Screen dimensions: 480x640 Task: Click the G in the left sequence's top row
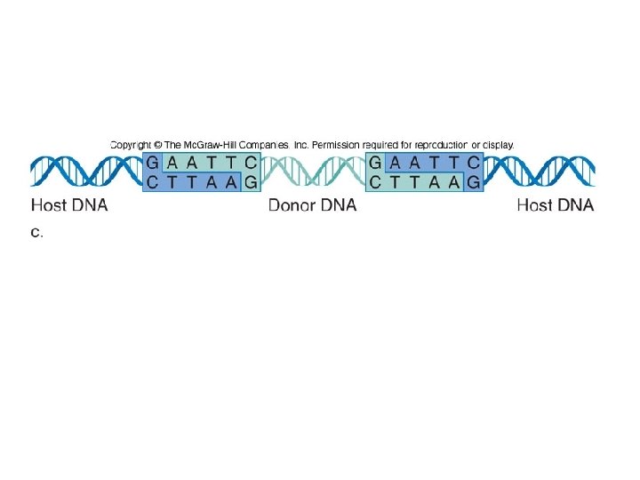pyautogui.click(x=153, y=163)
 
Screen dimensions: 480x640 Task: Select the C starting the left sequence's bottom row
pyautogui.click(x=153, y=182)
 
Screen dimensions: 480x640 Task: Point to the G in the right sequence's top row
pyautogui.click(x=376, y=163)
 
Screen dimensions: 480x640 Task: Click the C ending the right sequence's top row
pyautogui.click(x=473, y=163)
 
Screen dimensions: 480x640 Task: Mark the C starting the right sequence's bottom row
pyautogui.click(x=376, y=182)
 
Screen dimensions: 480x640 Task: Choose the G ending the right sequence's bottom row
pyautogui.click(x=474, y=182)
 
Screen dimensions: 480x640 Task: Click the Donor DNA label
pyautogui.click(x=312, y=206)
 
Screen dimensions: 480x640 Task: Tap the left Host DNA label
pyautogui.click(x=69, y=206)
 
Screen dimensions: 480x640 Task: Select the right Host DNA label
pyautogui.click(x=556, y=206)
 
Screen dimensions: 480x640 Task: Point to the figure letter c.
pyautogui.click(x=36, y=233)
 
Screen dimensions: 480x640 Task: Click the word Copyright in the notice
pyautogui.click(x=130, y=144)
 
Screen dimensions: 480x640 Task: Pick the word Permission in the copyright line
pyautogui.click(x=337, y=144)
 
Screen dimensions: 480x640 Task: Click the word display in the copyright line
pyautogui.click(x=497, y=144)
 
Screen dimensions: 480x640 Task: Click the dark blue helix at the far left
pyautogui.click(x=85, y=172)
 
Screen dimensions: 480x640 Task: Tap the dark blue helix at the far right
pyautogui.click(x=539, y=172)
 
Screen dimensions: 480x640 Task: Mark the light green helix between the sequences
pyautogui.click(x=312, y=172)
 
